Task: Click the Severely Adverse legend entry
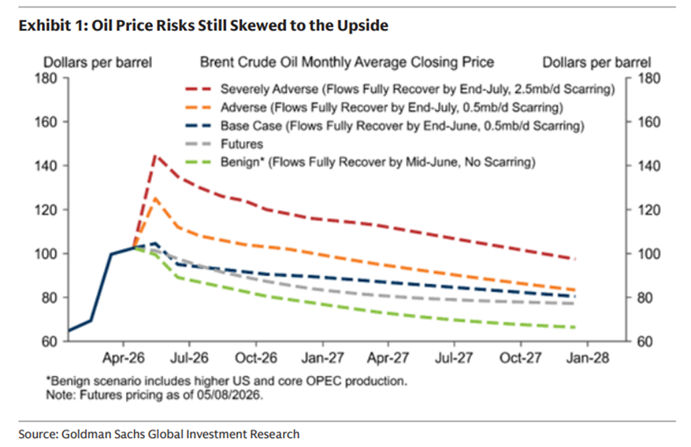[400, 90]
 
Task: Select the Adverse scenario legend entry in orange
[374, 108]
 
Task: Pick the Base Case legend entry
[385, 126]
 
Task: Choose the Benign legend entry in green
[360, 162]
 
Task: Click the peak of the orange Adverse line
[155, 198]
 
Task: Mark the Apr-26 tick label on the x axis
[123, 357]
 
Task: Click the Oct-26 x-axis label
[256, 357]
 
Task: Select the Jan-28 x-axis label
[587, 357]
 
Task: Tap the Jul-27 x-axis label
[454, 357]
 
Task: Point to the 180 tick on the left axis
[46, 78]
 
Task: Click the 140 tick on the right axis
[649, 166]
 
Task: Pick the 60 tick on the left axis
[50, 341]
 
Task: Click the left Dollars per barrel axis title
[98, 63]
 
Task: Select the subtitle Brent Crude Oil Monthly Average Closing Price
[347, 62]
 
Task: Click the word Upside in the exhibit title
[363, 25]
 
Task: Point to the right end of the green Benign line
[575, 327]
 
